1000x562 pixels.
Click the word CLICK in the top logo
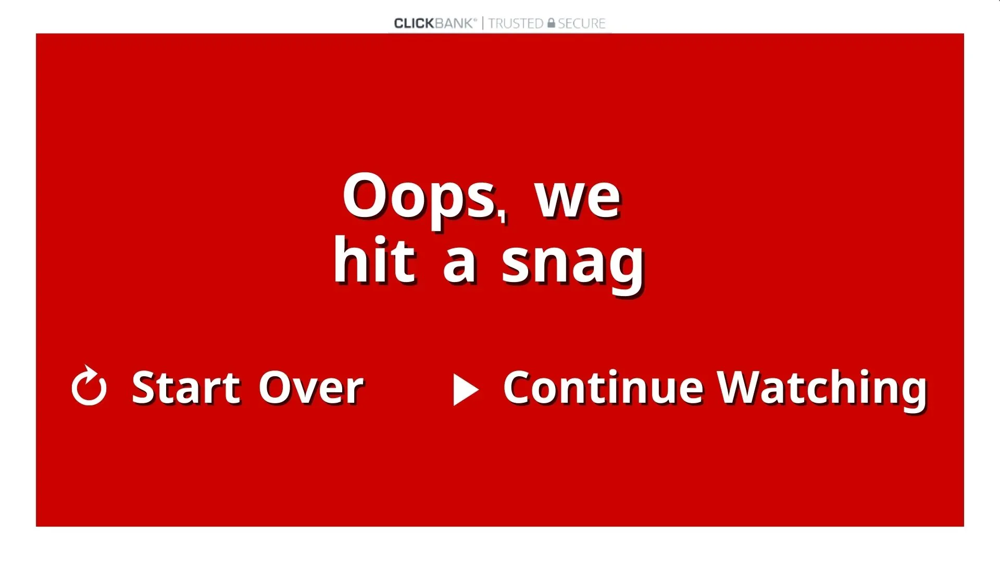(414, 23)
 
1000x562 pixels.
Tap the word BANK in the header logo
(453, 23)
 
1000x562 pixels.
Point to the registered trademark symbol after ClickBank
(474, 20)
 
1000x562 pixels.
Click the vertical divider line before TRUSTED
(482, 23)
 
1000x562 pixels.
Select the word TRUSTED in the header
(516, 23)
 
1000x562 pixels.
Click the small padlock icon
(551, 23)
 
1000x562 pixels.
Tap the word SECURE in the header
(581, 23)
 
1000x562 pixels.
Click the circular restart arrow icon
(89, 386)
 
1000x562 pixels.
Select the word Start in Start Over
(186, 387)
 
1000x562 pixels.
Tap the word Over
(311, 387)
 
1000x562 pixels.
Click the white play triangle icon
(466, 389)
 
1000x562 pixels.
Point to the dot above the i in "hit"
(380, 241)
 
